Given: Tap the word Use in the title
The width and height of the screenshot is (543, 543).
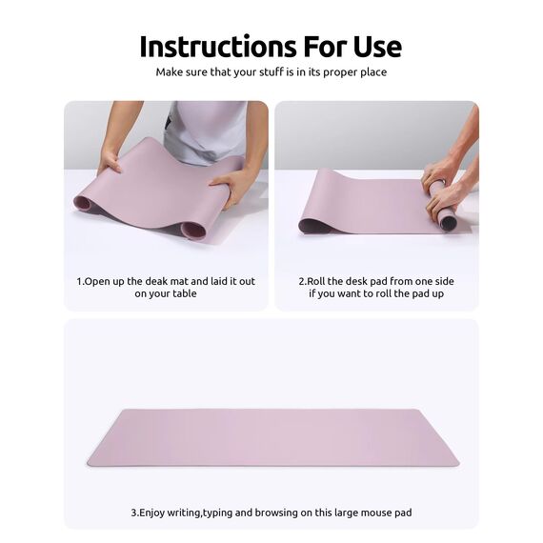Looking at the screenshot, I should point(374,46).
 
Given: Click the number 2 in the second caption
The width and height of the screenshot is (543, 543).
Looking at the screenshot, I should point(301,281).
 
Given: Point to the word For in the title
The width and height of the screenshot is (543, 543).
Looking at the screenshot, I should point(323,46).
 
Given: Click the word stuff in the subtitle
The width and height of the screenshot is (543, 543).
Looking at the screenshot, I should point(257,71).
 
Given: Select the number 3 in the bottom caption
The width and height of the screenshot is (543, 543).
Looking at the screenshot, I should point(133,513).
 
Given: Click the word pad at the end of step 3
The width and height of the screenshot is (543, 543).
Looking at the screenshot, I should point(405,513).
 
